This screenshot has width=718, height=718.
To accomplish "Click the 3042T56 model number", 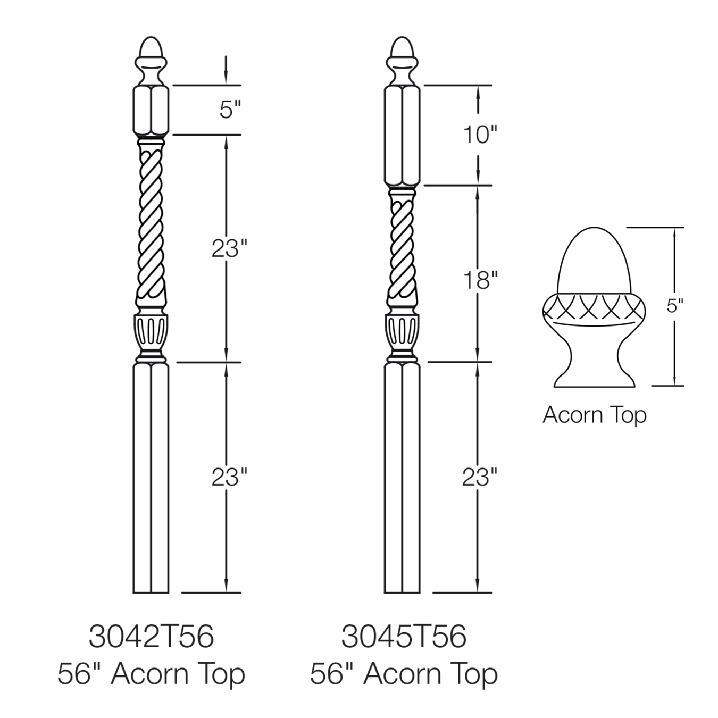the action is click(151, 636).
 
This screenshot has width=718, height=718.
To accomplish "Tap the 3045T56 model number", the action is click(404, 636).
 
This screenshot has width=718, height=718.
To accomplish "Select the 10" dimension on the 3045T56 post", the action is click(480, 135).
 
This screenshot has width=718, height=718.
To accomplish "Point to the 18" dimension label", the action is click(480, 280).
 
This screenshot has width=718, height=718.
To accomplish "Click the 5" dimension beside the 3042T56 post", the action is click(230, 110).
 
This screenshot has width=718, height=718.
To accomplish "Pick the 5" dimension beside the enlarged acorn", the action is click(675, 306).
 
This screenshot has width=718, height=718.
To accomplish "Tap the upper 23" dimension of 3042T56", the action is click(230, 248).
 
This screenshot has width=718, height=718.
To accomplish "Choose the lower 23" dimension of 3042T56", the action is click(230, 477).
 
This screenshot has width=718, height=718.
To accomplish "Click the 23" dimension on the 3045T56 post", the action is click(480, 477).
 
